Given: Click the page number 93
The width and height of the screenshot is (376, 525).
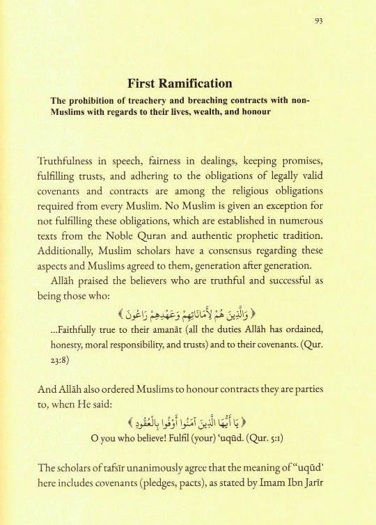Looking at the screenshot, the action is pos(318,20).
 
